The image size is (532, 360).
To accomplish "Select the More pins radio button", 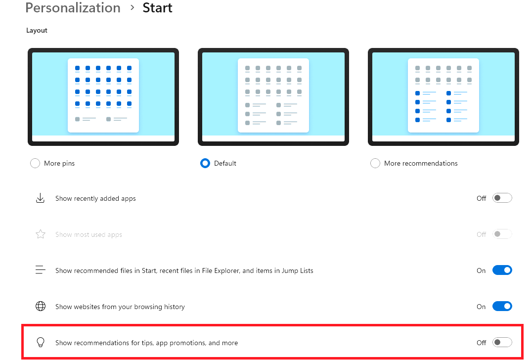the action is click(35, 163).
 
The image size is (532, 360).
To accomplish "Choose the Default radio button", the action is click(205, 163).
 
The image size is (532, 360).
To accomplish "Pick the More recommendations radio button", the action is click(375, 163).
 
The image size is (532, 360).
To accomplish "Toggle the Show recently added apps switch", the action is click(502, 198).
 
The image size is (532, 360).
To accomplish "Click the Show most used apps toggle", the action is click(502, 234).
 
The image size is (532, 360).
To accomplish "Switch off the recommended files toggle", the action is click(502, 270).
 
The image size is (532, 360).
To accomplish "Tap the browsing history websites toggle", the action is click(502, 307).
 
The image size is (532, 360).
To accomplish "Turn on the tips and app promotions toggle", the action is click(502, 342).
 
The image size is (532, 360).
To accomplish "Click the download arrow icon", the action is click(41, 198).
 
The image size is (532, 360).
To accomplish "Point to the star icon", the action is click(41, 234).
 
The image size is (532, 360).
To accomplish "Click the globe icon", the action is click(41, 306).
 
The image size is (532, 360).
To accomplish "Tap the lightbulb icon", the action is click(41, 342).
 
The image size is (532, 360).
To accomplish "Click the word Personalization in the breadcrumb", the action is click(73, 8).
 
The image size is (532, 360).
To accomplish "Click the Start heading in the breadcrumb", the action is click(157, 8).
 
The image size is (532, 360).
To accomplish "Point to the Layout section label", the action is click(37, 31).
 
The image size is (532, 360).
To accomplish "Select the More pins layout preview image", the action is click(103, 97).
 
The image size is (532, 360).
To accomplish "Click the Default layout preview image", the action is click(273, 97).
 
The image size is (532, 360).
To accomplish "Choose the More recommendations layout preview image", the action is click(443, 97).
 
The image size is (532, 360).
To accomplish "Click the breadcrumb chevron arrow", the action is click(133, 7).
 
